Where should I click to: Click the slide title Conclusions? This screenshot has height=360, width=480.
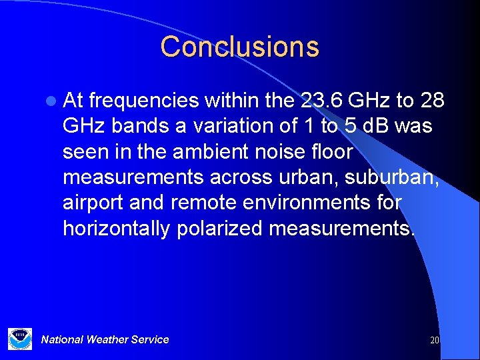click(240, 47)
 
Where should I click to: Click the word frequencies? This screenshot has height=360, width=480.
click(143, 100)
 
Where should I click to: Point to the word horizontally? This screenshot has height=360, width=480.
click(117, 229)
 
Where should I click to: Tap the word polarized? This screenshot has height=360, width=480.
click(220, 229)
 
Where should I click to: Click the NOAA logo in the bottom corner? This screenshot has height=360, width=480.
click(20, 339)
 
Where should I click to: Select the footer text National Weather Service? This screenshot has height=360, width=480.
click(105, 339)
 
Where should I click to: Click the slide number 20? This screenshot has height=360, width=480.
click(435, 340)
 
